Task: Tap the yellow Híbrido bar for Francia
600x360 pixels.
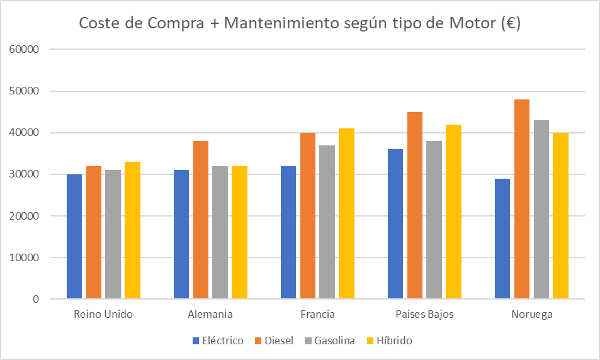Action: click(x=346, y=213)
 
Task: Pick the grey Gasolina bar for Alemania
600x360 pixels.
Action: click(x=220, y=232)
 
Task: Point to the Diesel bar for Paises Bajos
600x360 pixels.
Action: click(x=415, y=205)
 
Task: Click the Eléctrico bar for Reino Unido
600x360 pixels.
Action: click(x=74, y=237)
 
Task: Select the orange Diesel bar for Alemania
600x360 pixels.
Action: click(x=201, y=220)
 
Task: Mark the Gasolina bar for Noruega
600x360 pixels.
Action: click(x=541, y=210)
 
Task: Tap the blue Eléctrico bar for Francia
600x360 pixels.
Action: click(x=288, y=232)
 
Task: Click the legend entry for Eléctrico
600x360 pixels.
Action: click(x=218, y=340)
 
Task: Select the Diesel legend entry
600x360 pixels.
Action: click(x=273, y=340)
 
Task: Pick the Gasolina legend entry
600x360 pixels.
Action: click(x=329, y=340)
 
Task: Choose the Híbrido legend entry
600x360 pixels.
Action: click(x=389, y=340)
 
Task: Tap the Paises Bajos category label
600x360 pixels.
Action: click(x=424, y=314)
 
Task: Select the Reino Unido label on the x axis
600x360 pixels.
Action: click(x=103, y=314)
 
